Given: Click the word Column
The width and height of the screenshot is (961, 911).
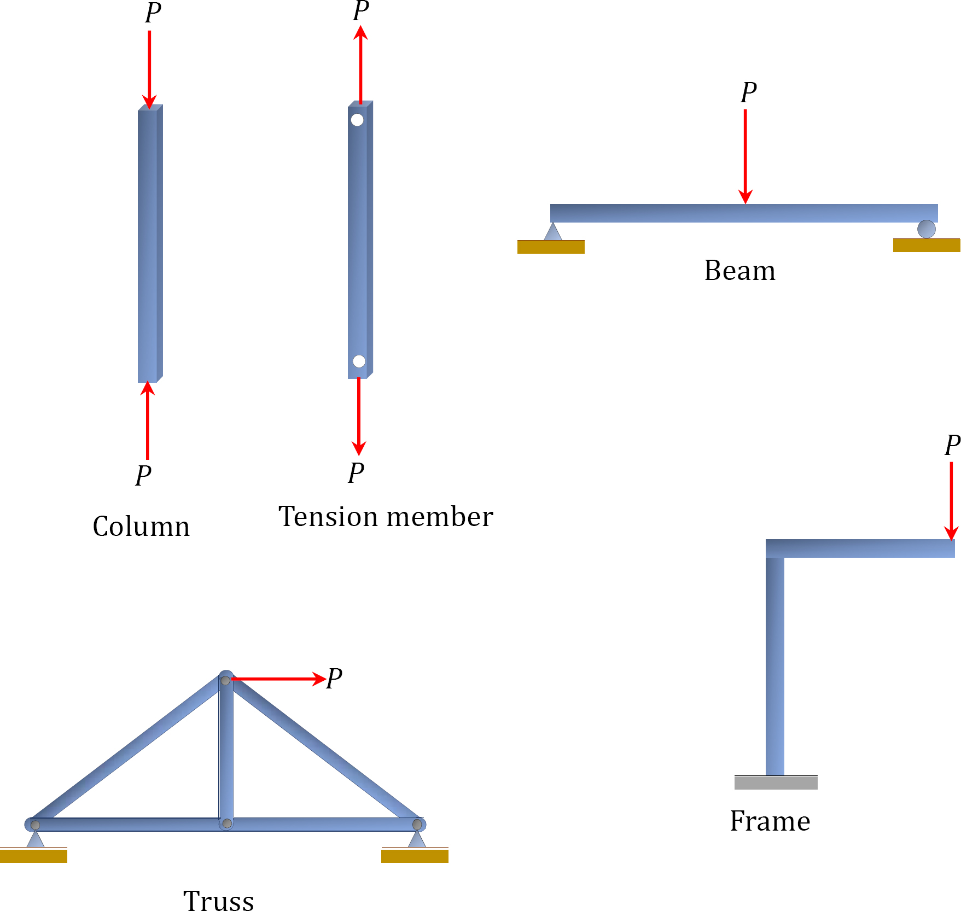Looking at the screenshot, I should (141, 527).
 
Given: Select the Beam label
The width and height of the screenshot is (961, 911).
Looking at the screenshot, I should (739, 271).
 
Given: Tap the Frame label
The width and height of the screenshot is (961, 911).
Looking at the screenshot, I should (770, 821).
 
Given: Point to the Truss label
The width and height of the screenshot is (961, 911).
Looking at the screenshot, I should (218, 900).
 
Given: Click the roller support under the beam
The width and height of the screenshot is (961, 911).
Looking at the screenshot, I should (926, 229).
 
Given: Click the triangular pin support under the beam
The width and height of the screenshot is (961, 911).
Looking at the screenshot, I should (553, 232).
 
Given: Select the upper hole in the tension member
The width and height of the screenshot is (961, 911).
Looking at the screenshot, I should (357, 120).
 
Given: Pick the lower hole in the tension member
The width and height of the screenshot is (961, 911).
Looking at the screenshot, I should (359, 361).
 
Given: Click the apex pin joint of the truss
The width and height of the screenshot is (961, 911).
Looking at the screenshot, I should (225, 680).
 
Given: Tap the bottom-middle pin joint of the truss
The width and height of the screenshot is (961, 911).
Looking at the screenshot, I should (226, 824).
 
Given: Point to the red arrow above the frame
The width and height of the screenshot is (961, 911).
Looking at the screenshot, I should (951, 500).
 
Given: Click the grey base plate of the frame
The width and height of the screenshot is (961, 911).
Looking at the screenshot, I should (776, 782).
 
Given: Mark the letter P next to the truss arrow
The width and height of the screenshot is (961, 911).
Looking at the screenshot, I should (334, 679).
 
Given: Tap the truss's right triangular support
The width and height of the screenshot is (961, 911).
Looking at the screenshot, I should (417, 839).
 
